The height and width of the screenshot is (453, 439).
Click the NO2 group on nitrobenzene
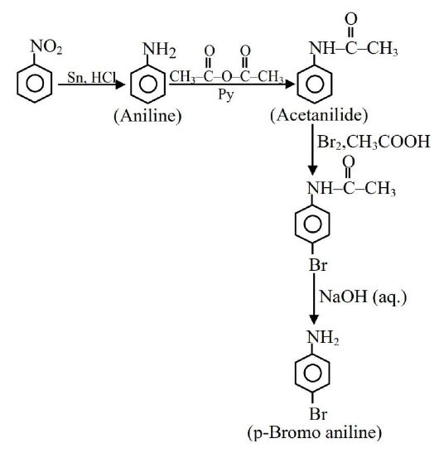46,46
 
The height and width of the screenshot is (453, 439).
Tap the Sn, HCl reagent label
92,77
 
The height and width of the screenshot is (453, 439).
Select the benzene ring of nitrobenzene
35,84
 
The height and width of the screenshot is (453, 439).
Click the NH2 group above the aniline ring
159,50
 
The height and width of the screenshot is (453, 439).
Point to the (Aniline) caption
147,116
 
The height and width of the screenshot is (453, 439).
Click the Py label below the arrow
226,94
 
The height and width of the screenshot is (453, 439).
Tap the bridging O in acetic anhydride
227,76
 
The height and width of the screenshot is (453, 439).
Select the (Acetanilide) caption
319,115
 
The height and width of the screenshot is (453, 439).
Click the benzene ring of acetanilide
315,84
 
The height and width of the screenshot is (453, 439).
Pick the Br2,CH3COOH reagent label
374,142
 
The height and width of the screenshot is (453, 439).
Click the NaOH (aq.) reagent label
363,296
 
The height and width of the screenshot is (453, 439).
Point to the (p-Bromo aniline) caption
315,433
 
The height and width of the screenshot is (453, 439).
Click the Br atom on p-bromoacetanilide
318,264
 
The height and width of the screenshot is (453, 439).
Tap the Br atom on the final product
318,414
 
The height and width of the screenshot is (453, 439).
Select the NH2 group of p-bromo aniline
322,337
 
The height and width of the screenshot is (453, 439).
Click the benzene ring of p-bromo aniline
313,373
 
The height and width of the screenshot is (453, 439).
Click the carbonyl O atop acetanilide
351,19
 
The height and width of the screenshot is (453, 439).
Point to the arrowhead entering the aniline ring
120,84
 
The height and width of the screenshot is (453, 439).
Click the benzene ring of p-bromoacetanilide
313,224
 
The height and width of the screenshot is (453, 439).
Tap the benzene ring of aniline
148,84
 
